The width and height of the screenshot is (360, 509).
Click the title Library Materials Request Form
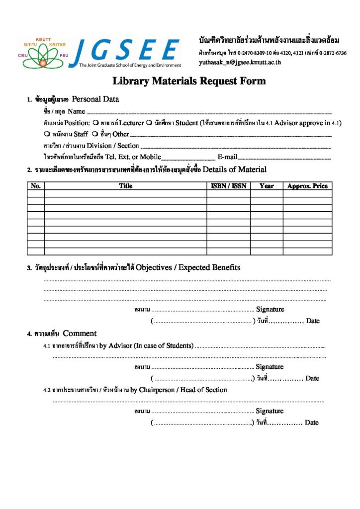189,81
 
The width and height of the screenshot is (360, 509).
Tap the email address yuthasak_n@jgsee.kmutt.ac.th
240,63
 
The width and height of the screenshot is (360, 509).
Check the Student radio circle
149,123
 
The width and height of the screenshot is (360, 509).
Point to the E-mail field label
227,157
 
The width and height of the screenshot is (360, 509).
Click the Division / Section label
113,146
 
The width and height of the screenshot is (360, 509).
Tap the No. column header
36,186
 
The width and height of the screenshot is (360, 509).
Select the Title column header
126,186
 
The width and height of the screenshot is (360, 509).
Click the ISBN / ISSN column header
228,186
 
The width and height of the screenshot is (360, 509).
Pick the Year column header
267,186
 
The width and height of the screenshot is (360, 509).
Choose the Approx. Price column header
307,186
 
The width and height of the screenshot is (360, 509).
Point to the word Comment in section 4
80,334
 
